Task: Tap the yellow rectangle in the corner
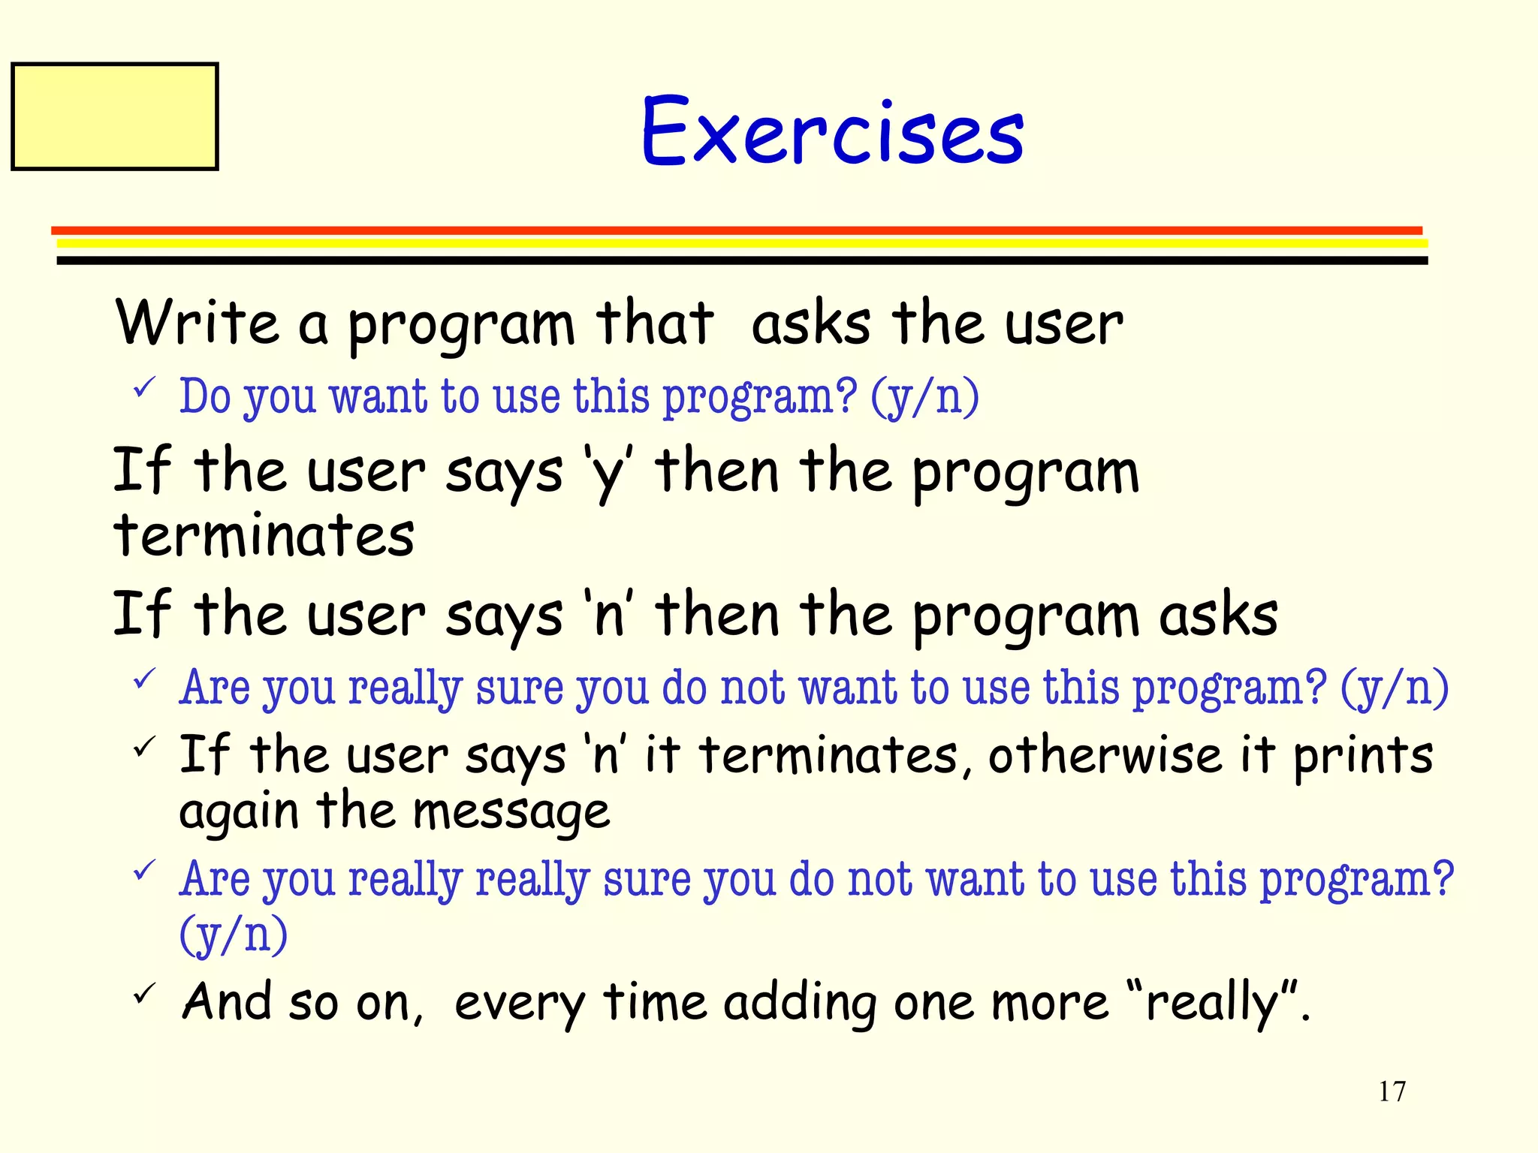115,116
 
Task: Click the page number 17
1392,1091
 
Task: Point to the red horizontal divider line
736,230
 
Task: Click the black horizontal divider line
742,260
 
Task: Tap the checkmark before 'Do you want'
143,388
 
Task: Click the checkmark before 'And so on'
143,994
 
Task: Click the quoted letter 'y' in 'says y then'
608,472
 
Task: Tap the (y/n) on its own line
233,935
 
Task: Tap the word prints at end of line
1362,757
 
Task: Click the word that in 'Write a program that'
654,323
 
